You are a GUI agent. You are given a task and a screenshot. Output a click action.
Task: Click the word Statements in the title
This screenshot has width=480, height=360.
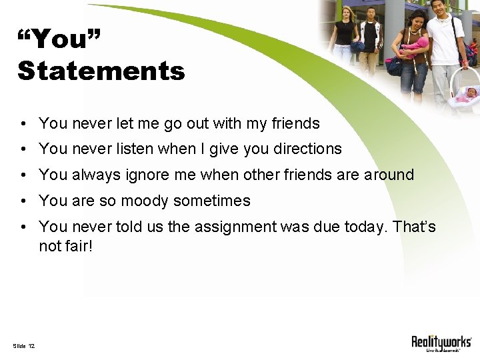(101, 70)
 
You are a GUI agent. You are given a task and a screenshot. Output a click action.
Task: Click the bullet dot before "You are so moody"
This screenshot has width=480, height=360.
(23, 201)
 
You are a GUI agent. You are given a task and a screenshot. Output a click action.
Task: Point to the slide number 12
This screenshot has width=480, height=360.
(31, 345)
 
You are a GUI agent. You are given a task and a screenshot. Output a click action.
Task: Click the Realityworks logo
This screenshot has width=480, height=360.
(441, 343)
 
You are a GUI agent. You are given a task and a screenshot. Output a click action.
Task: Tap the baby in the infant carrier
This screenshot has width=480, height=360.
(467, 94)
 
